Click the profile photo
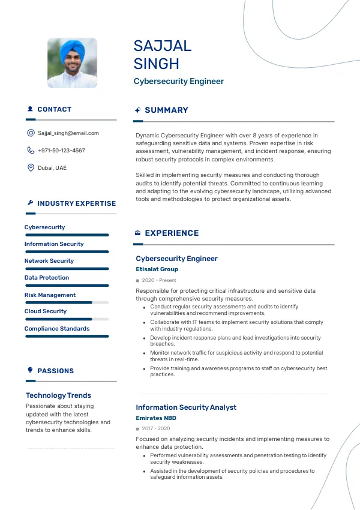tap(72, 64)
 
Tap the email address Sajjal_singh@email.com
tap(68, 133)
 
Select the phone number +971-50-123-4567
tap(61, 151)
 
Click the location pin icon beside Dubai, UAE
tap(31, 168)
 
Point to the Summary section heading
tap(166, 110)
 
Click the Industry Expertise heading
tap(76, 203)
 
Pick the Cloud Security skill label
tap(46, 311)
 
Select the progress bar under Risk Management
tap(67, 302)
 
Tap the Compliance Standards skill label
tap(57, 329)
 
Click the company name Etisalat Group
tap(157, 269)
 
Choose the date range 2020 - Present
tap(159, 280)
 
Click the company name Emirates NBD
tap(156, 418)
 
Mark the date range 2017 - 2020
tap(156, 428)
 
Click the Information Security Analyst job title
tap(186, 407)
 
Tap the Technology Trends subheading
tap(58, 395)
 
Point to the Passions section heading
tap(55, 371)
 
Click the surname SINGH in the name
tap(157, 64)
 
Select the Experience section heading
tap(172, 233)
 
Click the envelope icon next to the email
tap(31, 133)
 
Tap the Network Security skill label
tap(49, 261)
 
